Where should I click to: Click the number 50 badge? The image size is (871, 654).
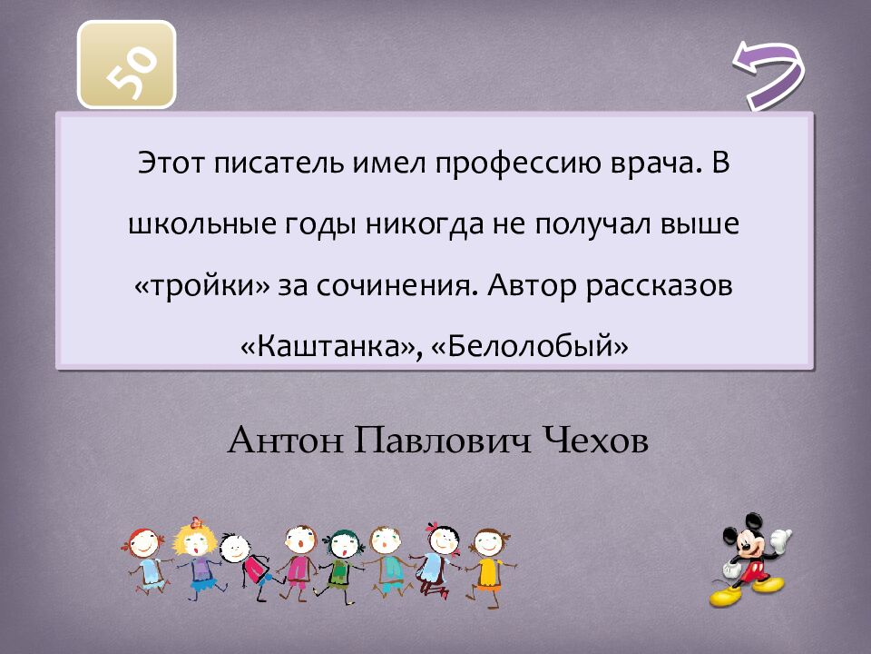(x=127, y=64)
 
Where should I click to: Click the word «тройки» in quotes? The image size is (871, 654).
(x=203, y=286)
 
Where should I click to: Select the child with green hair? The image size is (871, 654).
(x=340, y=554)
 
